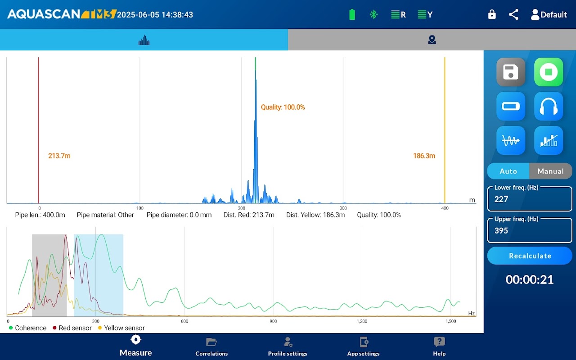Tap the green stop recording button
(x=549, y=72)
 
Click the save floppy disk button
(x=511, y=72)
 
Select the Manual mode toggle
(x=550, y=171)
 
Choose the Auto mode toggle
(x=508, y=171)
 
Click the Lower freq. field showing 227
(x=530, y=199)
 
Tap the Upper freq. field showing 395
(x=530, y=230)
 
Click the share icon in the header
(x=513, y=14)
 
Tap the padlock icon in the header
(x=492, y=14)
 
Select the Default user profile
(x=549, y=14)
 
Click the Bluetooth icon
(x=373, y=14)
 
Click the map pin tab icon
(x=432, y=40)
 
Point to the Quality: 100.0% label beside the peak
(x=283, y=107)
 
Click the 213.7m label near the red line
(x=59, y=156)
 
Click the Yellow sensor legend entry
(x=121, y=328)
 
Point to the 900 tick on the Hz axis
(x=273, y=321)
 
